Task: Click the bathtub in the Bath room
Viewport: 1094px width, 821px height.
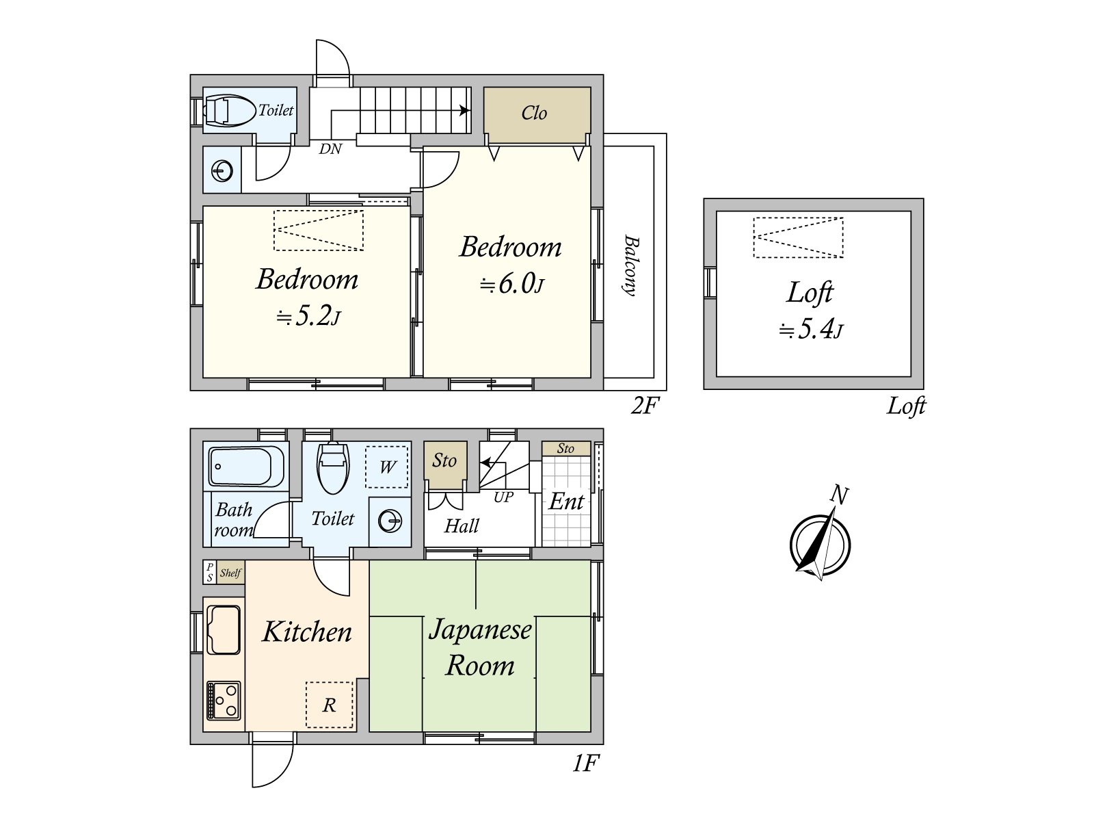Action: tap(246, 466)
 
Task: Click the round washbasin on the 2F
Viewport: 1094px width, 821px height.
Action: tap(222, 171)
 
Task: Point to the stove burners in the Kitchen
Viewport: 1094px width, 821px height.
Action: tap(224, 700)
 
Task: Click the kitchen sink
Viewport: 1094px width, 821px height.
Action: tap(224, 629)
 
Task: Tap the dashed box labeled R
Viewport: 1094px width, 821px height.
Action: tap(330, 705)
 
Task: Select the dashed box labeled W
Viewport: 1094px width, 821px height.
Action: tap(387, 467)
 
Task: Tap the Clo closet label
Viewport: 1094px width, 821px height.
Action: tap(534, 113)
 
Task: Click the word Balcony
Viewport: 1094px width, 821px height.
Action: tap(630, 265)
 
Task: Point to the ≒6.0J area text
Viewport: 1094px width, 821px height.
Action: tap(511, 283)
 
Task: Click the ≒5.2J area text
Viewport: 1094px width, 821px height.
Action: tap(308, 316)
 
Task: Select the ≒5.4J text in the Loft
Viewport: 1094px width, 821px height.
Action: tap(811, 330)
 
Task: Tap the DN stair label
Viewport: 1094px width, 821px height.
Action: tap(330, 148)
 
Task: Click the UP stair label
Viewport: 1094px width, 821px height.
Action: tap(503, 497)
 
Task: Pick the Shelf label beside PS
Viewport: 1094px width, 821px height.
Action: tap(230, 573)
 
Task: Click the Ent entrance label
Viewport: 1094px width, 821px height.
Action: tap(566, 501)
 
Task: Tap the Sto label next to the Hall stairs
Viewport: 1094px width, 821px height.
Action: tap(444, 460)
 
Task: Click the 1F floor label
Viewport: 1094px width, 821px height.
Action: tap(585, 763)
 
